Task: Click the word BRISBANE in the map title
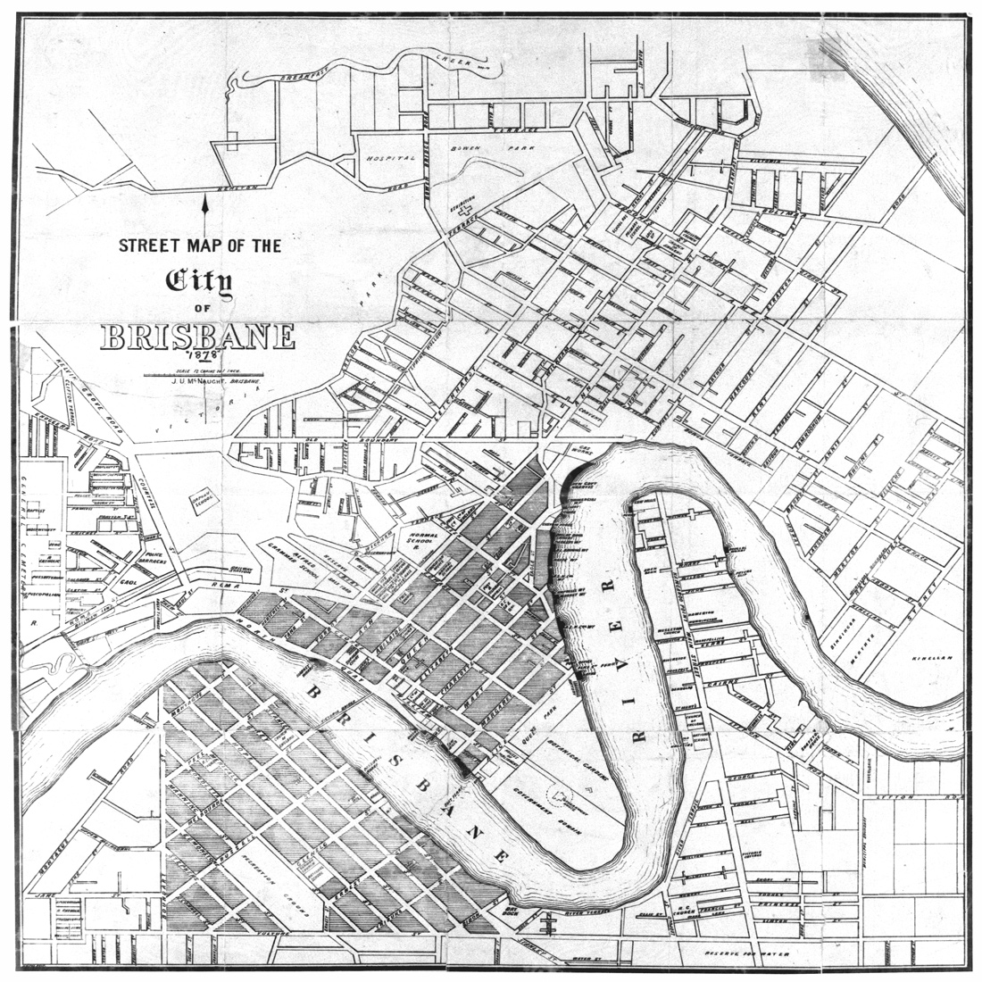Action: click(197, 337)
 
